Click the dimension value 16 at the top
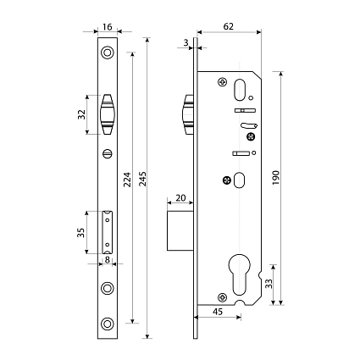point(108,27)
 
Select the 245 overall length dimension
point(143,179)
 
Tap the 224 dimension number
point(128,180)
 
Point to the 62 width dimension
point(229,26)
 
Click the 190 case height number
point(276,178)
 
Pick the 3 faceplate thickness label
point(186,42)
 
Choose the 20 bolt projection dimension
point(180,198)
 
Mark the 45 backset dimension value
point(218,312)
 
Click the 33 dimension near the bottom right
point(269,283)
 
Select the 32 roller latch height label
point(81,114)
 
